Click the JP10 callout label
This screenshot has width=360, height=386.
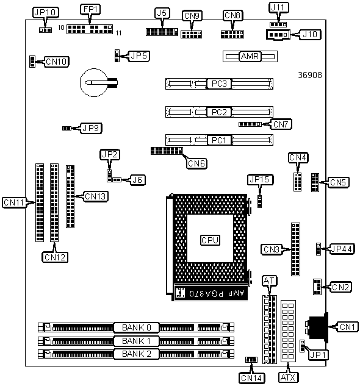[46, 12]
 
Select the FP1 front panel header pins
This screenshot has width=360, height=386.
[90, 29]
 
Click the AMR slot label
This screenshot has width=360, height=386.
[250, 56]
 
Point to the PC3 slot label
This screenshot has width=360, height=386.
[219, 84]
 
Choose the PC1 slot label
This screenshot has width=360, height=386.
[219, 140]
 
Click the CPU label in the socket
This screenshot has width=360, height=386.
[210, 240]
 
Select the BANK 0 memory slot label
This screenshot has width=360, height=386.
[136, 327]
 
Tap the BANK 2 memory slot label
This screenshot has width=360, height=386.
[136, 354]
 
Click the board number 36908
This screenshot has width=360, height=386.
[310, 75]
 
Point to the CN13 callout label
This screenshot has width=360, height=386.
[95, 196]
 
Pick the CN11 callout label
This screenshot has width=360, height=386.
[14, 202]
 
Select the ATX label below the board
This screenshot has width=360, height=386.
[288, 377]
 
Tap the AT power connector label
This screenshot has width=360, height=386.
[270, 281]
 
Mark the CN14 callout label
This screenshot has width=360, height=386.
[251, 378]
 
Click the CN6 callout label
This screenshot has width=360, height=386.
[196, 163]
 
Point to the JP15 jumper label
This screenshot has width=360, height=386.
[260, 180]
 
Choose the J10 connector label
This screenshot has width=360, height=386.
[310, 34]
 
